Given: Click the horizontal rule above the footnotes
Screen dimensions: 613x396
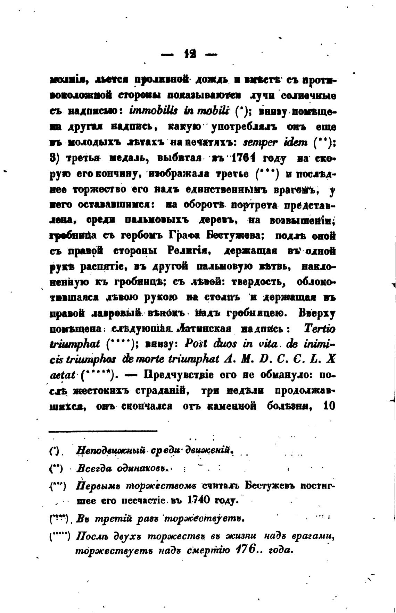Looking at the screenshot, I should [103, 432].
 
